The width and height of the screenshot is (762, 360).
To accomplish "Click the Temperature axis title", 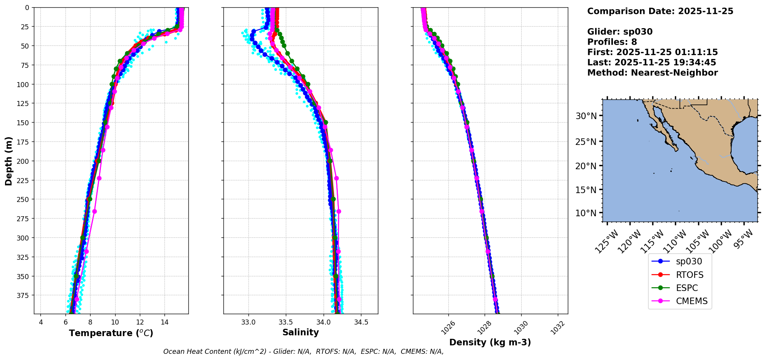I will coord(111,333).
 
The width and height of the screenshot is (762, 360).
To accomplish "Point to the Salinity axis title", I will coord(300,332).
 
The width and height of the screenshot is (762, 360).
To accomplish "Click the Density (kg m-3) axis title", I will coord(490,342).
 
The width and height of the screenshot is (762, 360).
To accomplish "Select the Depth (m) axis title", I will coord(8,161).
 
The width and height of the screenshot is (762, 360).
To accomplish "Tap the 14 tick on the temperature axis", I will coord(164,322).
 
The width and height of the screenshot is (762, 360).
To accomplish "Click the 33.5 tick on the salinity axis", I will coord(285,322).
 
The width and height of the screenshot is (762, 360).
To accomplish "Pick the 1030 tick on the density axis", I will coord(521,328).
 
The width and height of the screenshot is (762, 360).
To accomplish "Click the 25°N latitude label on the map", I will coord(586,141).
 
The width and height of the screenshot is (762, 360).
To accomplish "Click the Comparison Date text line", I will coord(660,11).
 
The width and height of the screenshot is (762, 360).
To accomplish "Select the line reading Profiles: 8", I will coord(612,42).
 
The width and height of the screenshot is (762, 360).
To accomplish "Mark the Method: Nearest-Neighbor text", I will coord(652,73).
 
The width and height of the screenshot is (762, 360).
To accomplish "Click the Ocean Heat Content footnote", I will coord(303,352).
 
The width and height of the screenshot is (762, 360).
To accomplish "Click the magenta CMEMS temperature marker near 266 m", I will coord(95,211).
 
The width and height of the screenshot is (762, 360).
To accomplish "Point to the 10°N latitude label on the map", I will coord(586,213).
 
